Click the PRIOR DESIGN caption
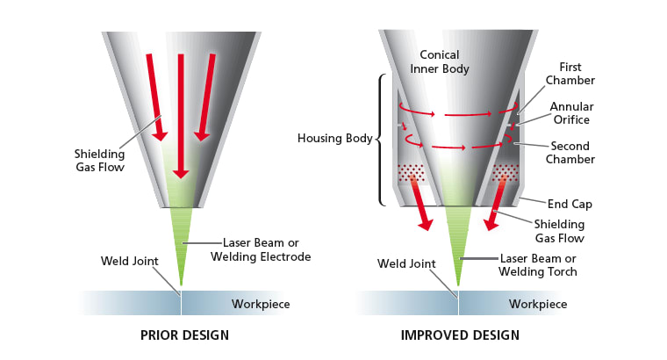(x=184, y=335)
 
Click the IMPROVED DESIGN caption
(x=459, y=335)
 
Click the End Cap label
(x=570, y=204)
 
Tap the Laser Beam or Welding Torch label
(x=537, y=264)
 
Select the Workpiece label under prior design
(x=261, y=305)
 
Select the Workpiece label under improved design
(x=537, y=305)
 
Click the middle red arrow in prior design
(x=180, y=114)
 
